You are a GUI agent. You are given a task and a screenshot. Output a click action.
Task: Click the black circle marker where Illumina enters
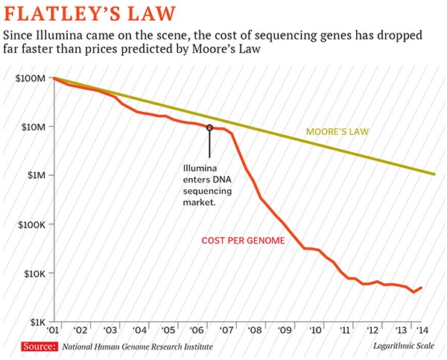click(x=210, y=127)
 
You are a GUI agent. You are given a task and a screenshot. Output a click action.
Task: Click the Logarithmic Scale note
click(x=403, y=347)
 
